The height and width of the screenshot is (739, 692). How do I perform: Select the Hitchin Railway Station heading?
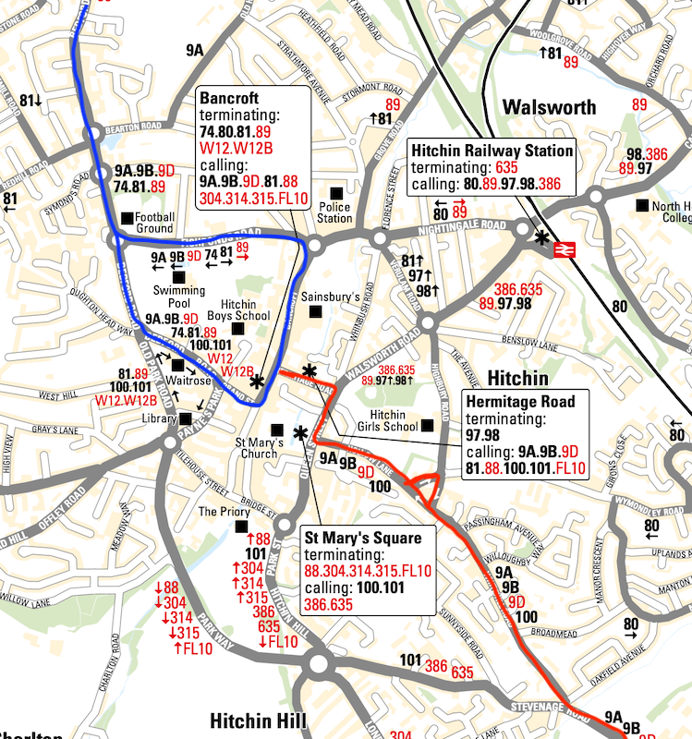[492, 151]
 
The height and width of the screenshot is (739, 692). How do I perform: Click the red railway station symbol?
[560, 249]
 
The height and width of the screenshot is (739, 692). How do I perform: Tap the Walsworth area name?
[549, 107]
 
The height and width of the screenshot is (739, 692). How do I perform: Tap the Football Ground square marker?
[126, 218]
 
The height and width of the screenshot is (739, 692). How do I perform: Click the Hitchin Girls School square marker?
[426, 426]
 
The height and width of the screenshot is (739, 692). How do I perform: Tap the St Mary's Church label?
[256, 447]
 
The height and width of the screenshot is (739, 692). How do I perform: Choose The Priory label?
[219, 512]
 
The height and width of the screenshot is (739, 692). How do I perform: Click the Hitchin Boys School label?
[245, 309]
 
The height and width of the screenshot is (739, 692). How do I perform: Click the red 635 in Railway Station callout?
[506, 168]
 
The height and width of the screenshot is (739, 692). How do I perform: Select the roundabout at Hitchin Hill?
[321, 663]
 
